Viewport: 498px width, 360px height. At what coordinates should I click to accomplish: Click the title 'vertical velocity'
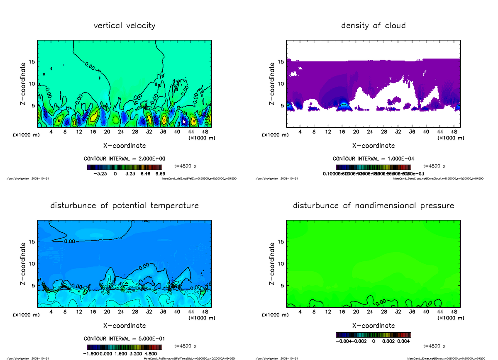(x=124, y=26)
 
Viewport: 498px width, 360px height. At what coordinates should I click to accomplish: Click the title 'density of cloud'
(x=373, y=26)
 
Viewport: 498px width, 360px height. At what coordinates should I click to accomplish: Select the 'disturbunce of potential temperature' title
(x=124, y=206)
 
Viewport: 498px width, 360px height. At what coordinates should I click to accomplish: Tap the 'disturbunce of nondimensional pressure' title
(x=373, y=206)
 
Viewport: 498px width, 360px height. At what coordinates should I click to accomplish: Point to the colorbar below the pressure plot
(x=373, y=335)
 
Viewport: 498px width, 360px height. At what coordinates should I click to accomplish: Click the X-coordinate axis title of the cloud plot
(x=373, y=146)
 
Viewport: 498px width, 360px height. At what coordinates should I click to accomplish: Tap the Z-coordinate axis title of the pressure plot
(x=272, y=263)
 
